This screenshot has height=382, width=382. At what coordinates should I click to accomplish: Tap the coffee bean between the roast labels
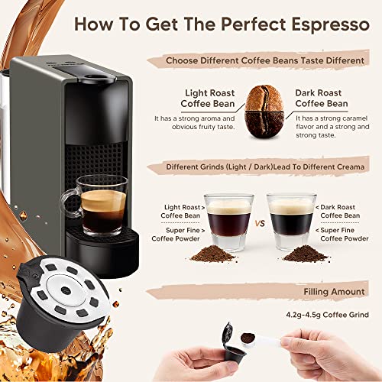[262, 111]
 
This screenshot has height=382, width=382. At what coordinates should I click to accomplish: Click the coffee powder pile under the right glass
[306, 253]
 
